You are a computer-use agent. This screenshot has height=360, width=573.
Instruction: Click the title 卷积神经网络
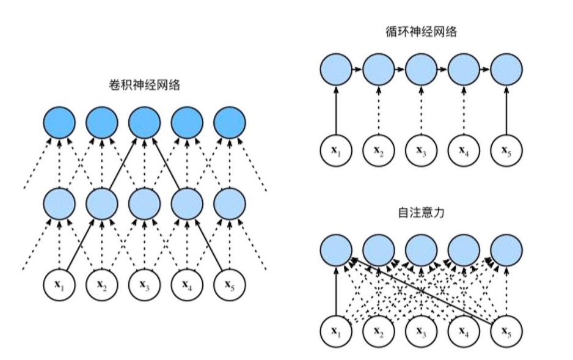click(x=145, y=85)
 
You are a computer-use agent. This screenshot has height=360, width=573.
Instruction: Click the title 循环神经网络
click(x=421, y=31)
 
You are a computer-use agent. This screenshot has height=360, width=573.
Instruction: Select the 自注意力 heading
click(x=421, y=212)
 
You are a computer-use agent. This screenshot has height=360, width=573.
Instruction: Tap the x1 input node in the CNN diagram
click(x=59, y=285)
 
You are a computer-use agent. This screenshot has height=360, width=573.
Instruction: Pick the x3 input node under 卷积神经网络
click(x=144, y=285)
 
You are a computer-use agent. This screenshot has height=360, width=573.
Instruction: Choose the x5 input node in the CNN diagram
click(x=230, y=285)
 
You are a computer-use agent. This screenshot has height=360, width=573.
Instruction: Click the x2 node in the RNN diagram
click(x=379, y=150)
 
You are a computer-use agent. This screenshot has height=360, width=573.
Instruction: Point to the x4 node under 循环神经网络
click(x=464, y=150)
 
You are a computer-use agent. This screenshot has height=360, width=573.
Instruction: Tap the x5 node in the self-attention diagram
click(x=506, y=331)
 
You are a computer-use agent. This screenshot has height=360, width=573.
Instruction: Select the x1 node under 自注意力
click(x=336, y=331)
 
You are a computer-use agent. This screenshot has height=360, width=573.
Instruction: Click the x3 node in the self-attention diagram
click(x=421, y=331)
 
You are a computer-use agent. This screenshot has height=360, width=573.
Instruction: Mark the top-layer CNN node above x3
click(x=144, y=122)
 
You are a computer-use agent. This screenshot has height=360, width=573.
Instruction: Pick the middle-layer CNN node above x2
click(x=102, y=204)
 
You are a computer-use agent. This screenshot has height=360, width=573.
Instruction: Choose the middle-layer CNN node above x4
click(x=187, y=204)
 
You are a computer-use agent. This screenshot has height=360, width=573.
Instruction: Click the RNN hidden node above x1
click(x=336, y=69)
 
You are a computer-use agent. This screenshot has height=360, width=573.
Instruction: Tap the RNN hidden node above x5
click(x=506, y=69)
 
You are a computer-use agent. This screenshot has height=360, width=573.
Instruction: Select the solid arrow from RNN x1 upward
click(x=336, y=109)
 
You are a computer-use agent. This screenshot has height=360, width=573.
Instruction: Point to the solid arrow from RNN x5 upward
click(x=506, y=109)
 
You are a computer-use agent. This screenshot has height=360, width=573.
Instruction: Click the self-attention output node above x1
click(x=336, y=250)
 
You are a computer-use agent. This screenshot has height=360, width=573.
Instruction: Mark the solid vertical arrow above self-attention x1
click(x=336, y=290)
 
